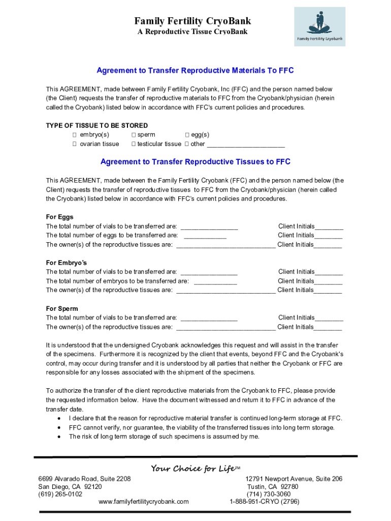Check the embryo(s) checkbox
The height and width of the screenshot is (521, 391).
(74, 135)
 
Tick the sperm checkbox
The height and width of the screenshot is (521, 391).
(134, 135)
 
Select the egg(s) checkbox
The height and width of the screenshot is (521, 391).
(187, 135)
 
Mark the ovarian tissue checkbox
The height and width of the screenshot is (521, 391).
(74, 144)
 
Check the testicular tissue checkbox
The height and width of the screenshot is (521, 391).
(134, 144)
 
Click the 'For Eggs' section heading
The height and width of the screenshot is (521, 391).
(59, 217)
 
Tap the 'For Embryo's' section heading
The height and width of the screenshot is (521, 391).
(67, 263)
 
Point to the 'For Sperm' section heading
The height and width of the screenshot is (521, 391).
(62, 309)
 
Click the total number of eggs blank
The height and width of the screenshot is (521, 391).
(205, 236)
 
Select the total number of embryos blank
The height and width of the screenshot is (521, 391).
(215, 282)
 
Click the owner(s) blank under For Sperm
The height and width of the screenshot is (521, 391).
(225, 328)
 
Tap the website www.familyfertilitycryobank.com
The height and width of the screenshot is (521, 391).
(144, 501)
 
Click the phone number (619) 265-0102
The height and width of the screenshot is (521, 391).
(60, 494)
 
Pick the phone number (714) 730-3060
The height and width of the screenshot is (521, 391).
(269, 494)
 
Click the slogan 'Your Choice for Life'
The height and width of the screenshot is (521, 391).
(193, 469)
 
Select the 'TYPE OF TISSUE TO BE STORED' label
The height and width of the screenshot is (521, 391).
(97, 126)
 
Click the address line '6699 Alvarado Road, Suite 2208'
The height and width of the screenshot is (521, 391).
(85, 479)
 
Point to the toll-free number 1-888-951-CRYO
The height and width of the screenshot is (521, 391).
(265, 501)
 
